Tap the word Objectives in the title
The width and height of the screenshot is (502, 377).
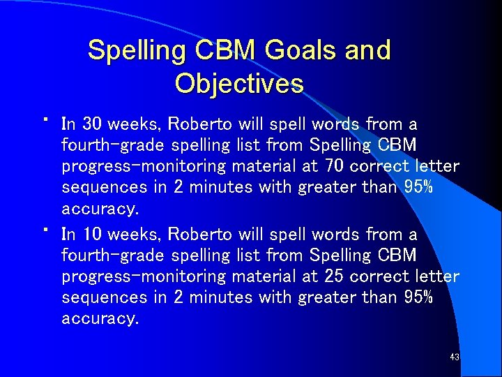click(x=239, y=84)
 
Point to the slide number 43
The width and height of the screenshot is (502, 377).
click(x=455, y=357)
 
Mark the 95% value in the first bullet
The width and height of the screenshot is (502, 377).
click(x=418, y=188)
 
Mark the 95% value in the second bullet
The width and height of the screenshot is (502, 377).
click(x=418, y=297)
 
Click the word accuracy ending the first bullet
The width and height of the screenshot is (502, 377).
click(x=100, y=209)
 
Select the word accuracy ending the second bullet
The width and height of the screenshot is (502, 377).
click(x=100, y=319)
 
